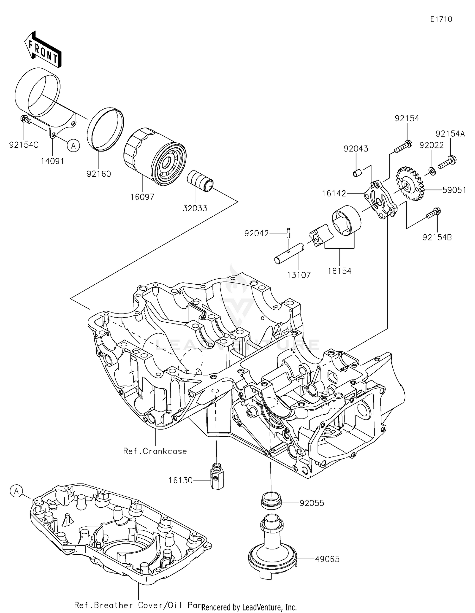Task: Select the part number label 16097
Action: [x=142, y=197]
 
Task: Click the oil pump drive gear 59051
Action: [x=410, y=184]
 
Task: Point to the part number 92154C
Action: [x=24, y=145]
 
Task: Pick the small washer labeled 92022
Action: [x=432, y=171]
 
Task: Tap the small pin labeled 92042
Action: [x=288, y=233]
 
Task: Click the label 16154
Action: [x=339, y=271]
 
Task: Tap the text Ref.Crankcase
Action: [x=155, y=451]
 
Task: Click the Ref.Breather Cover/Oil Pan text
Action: [x=138, y=605]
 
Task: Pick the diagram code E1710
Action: [x=441, y=19]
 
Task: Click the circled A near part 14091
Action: [x=73, y=146]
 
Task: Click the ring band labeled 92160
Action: [x=106, y=129]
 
